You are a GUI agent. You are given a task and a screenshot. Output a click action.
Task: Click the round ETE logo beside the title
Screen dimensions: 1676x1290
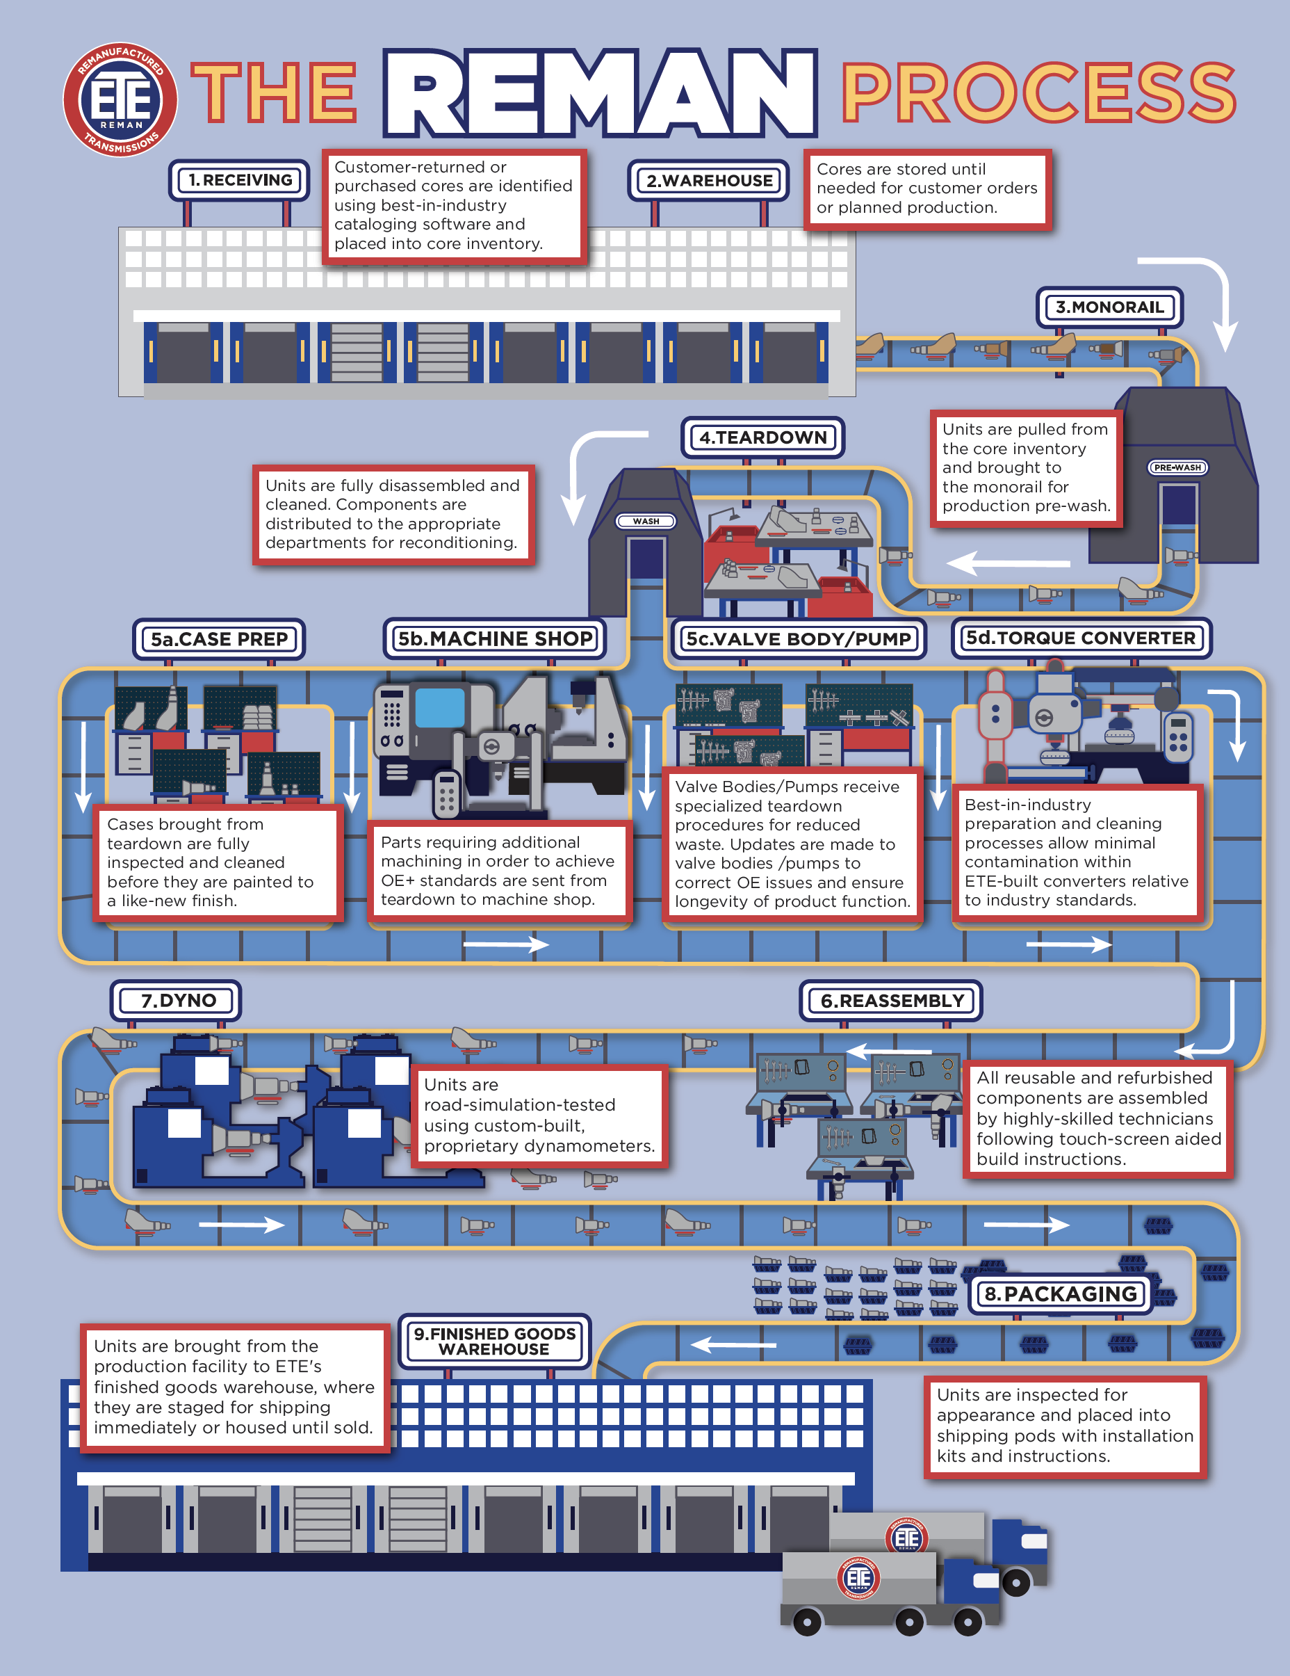[120, 99]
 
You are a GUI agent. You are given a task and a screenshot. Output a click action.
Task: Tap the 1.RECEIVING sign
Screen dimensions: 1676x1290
[239, 180]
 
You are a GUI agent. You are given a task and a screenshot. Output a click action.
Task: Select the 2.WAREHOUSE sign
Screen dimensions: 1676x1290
[709, 181]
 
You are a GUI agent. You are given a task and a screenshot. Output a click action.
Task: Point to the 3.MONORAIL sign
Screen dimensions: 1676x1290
[1109, 307]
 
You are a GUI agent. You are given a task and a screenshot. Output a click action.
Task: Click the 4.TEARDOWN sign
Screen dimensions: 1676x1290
[762, 437]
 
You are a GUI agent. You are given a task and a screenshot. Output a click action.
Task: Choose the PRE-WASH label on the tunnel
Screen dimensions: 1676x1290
[1177, 467]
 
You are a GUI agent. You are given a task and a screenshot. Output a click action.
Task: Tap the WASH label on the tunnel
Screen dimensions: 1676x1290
[646, 521]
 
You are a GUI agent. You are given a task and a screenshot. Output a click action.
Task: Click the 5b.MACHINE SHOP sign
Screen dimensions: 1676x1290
[495, 639]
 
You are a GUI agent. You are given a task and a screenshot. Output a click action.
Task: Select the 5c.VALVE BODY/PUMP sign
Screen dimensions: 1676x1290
[798, 639]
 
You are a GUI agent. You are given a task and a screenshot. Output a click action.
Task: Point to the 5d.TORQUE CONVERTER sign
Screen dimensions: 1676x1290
[1081, 638]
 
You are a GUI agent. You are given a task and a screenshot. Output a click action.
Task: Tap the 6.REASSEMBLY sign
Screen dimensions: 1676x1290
[891, 1001]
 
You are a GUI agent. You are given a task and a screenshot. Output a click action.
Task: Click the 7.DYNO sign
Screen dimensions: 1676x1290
[177, 1001]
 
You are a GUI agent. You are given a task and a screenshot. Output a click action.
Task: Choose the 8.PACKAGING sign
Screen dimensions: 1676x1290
[1061, 1294]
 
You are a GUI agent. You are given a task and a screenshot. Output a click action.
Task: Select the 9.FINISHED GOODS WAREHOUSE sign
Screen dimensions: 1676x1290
[495, 1341]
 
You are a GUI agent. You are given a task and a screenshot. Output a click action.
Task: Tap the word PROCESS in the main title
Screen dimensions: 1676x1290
[1038, 94]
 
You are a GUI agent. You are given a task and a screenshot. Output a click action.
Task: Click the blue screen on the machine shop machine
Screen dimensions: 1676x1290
[439, 707]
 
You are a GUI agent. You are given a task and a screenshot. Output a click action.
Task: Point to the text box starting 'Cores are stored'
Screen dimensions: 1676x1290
[926, 188]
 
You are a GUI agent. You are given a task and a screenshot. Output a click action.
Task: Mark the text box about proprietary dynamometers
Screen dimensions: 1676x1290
[539, 1115]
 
